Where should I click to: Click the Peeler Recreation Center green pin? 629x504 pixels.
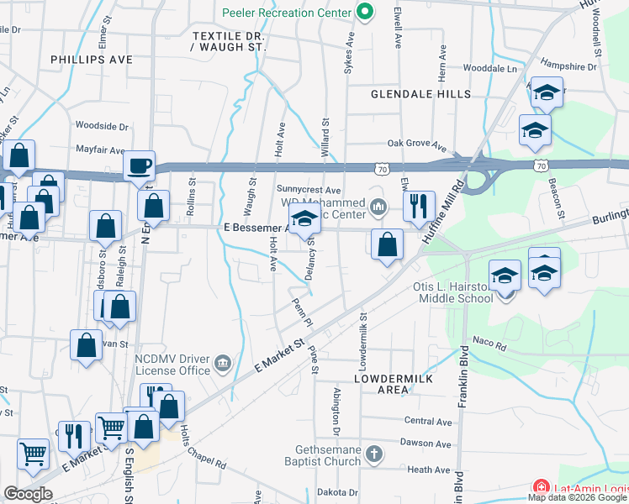tap(364, 13)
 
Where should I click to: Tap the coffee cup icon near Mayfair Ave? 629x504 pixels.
tap(139, 165)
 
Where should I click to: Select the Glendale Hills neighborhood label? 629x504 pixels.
tap(421, 94)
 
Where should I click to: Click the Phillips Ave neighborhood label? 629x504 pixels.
tap(92, 60)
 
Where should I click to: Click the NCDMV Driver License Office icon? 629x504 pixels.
tap(223, 363)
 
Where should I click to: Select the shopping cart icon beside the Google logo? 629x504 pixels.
tap(33, 454)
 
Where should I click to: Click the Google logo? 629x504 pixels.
tap(28, 494)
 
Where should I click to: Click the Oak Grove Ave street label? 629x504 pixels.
tap(415, 144)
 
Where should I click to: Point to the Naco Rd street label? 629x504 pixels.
tap(490, 345)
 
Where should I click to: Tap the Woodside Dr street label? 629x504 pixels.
tap(101, 126)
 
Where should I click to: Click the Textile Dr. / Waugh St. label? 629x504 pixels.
tap(228, 42)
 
